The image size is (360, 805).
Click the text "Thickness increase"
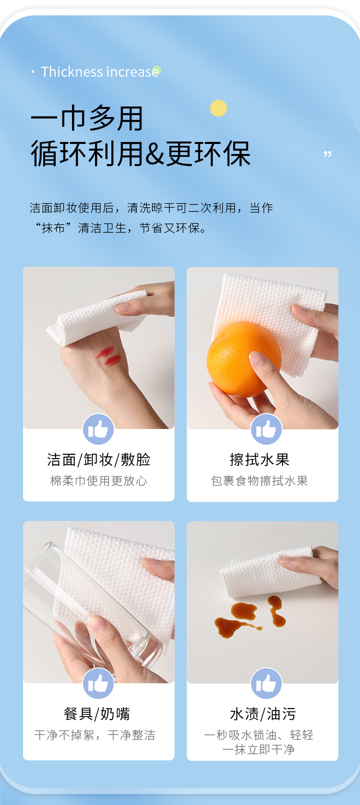[100, 72]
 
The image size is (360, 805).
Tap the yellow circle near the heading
[218, 108]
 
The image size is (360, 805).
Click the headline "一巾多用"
[87, 118]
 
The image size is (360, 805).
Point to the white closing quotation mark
[327, 154]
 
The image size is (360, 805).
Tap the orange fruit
[243, 359]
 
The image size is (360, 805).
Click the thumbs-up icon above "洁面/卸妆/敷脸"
[98, 429]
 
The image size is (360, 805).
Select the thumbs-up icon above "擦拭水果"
[266, 429]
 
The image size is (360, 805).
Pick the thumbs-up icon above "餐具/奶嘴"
[98, 684]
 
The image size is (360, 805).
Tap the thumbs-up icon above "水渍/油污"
[266, 684]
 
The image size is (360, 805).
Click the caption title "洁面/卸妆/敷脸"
[98, 460]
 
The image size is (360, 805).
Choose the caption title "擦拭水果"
[259, 460]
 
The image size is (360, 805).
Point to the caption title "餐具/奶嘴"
[97, 714]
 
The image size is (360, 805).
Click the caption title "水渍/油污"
[263, 714]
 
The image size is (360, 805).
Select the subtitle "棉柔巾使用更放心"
[98, 481]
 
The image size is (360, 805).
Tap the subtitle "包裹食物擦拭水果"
[259, 481]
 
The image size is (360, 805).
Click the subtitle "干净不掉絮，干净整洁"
[95, 735]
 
